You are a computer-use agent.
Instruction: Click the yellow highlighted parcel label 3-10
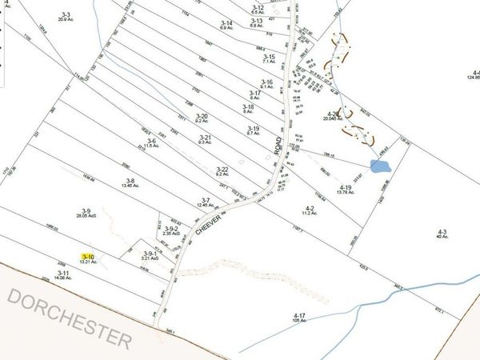pyautogui.click(x=87, y=257)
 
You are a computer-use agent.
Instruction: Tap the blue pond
pyautogui.click(x=381, y=167)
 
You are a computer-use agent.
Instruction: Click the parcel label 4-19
pyautogui.click(x=345, y=186)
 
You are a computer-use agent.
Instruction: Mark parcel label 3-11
pyautogui.click(x=64, y=273)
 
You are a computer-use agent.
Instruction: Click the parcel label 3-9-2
pyautogui.click(x=167, y=229)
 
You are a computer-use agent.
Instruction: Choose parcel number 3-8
pyautogui.click(x=130, y=181)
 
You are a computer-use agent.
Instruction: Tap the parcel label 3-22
pyautogui.click(x=223, y=169)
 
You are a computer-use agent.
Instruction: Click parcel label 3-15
pyautogui.click(x=268, y=57)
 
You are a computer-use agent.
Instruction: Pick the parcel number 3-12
pyautogui.click(x=257, y=7)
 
